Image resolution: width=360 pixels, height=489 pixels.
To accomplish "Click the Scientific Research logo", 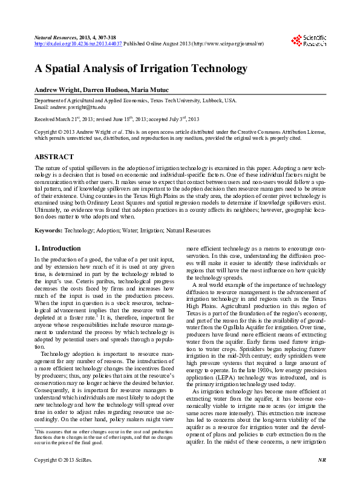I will pyautogui.click(x=309, y=41).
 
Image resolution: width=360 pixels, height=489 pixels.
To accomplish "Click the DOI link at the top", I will pyautogui.click(x=78, y=44).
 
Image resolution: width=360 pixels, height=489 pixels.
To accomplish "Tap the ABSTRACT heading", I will pyautogui.click(x=54, y=157).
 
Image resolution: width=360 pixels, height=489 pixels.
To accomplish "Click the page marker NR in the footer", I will pyautogui.click(x=322, y=478).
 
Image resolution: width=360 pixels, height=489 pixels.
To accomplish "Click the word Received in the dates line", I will pyautogui.click(x=45, y=119).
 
